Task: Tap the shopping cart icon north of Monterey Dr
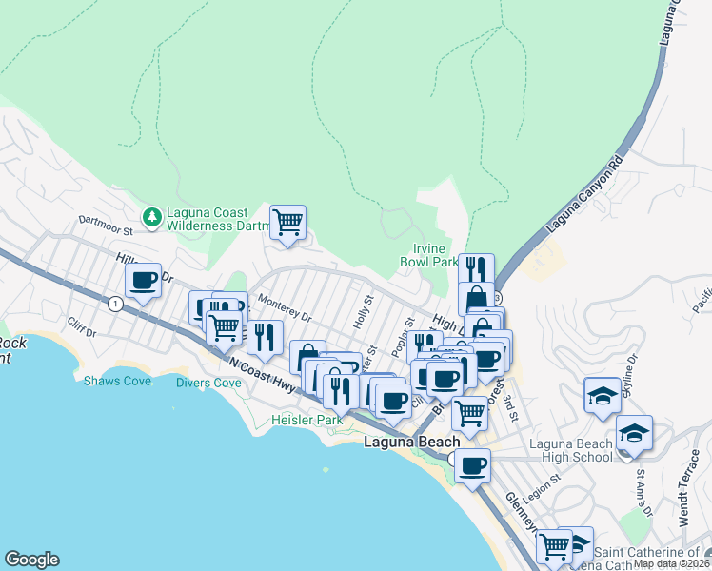[287, 223]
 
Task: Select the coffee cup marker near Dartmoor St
[144, 281]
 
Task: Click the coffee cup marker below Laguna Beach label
[473, 466]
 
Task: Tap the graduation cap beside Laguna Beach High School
[634, 434]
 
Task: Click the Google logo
[31, 560]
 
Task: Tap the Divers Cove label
[208, 383]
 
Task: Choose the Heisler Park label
[306, 419]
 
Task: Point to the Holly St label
[364, 312]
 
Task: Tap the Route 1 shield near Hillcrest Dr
[115, 304]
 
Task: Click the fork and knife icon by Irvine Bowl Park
[475, 269]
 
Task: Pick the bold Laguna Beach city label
[413, 443]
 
